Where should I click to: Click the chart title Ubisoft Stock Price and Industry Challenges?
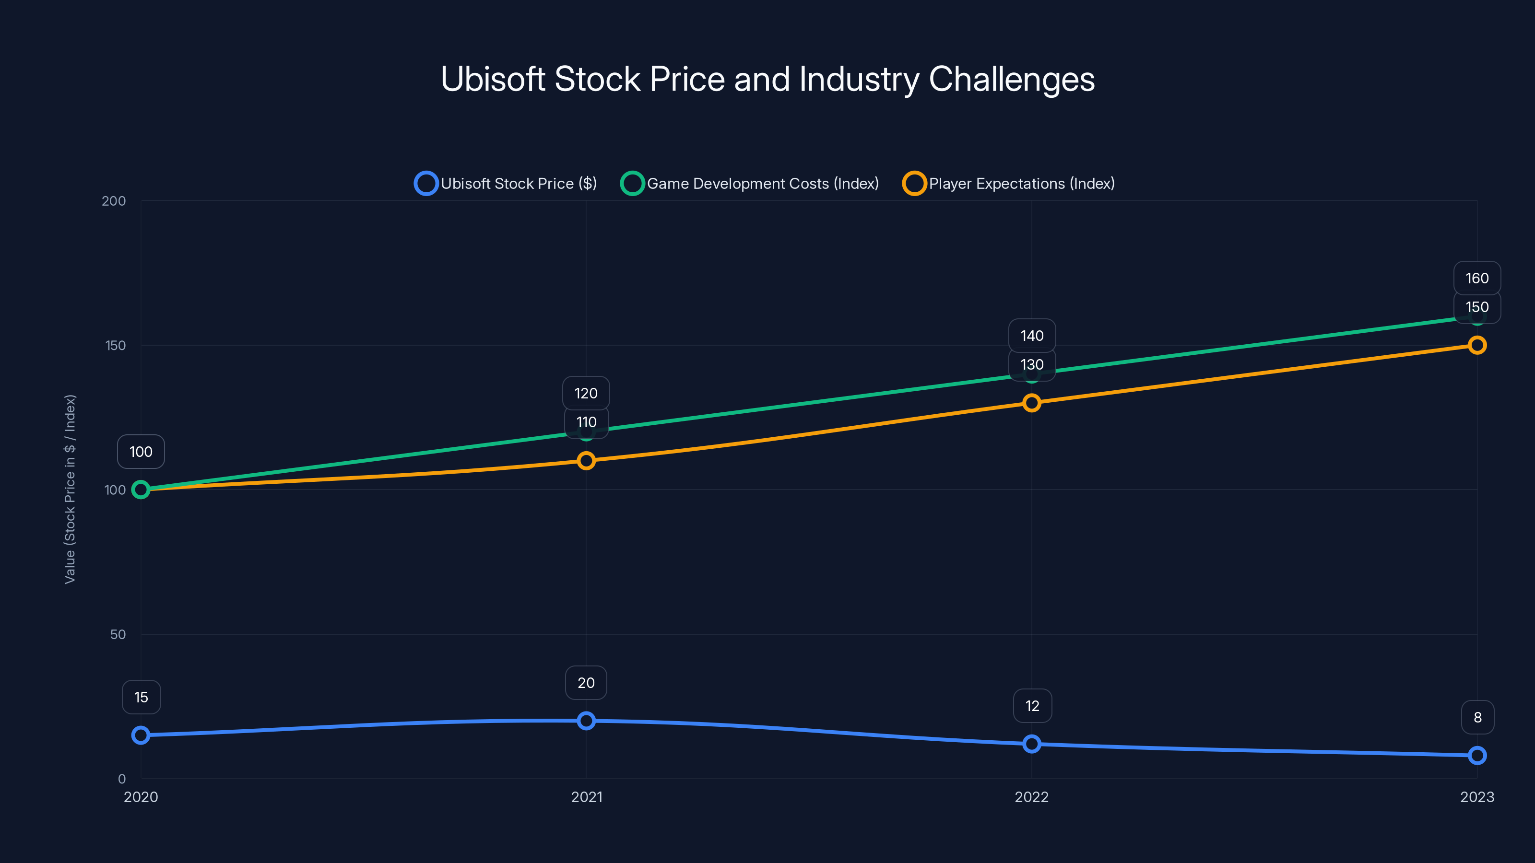(767, 79)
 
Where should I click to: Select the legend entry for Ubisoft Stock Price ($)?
(506, 184)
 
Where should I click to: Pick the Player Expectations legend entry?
(1009, 184)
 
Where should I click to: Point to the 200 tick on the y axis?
(113, 201)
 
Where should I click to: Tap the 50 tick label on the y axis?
(118, 634)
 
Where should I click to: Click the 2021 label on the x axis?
(586, 797)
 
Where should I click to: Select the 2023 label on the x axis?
(1476, 797)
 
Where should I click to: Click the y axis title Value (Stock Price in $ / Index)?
(70, 489)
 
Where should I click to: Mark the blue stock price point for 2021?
(586, 721)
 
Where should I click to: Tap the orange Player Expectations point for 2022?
(1031, 403)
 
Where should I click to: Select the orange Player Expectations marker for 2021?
(586, 460)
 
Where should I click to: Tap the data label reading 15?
(141, 697)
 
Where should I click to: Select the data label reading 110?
(586, 422)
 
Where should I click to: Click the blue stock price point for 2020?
(141, 735)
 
